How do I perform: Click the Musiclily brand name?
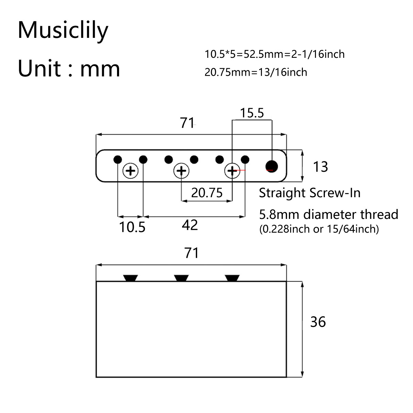click(x=63, y=30)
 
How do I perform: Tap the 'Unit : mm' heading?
click(x=69, y=68)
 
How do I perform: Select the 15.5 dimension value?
click(x=252, y=113)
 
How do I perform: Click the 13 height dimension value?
click(x=320, y=167)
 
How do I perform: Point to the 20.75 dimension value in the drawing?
click(x=207, y=193)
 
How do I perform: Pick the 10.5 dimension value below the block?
click(x=132, y=227)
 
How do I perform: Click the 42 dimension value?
click(x=190, y=225)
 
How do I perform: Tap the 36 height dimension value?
click(x=318, y=322)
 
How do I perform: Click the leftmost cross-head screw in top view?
click(x=130, y=170)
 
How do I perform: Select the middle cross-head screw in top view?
click(x=181, y=170)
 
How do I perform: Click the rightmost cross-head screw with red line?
click(x=232, y=170)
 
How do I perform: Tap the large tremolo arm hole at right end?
click(x=272, y=166)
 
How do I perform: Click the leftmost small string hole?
click(x=118, y=160)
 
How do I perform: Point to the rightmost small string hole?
click(x=245, y=160)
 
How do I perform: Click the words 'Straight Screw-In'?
click(x=309, y=193)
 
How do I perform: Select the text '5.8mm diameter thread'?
click(x=328, y=214)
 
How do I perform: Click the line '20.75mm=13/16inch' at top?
click(x=256, y=72)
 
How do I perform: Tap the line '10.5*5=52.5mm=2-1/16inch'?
click(x=274, y=54)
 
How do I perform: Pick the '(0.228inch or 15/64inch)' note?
click(x=319, y=229)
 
